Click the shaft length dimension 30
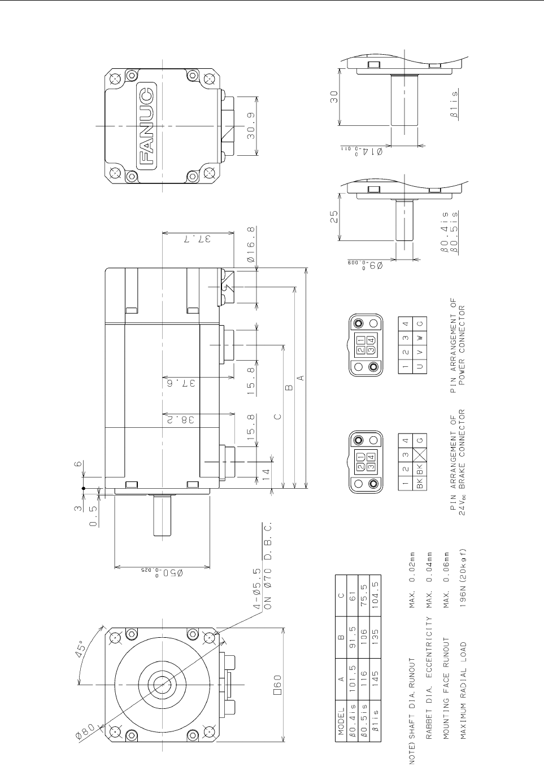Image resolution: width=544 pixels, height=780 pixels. point(334,97)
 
